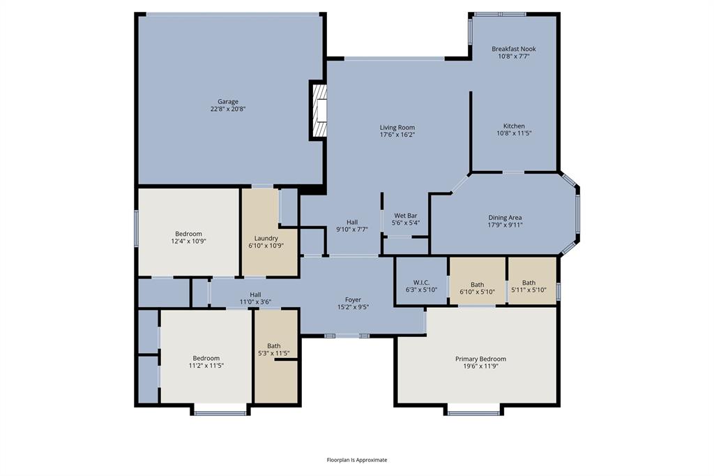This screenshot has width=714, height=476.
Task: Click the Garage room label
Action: coord(228,102)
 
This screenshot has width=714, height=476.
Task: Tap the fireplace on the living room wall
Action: coord(319,111)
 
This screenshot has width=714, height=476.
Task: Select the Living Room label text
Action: coord(397,128)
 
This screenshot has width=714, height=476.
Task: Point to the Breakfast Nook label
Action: coord(514,49)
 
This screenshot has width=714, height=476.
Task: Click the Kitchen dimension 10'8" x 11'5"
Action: coord(514,133)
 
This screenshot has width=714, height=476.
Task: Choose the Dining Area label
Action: coord(505,218)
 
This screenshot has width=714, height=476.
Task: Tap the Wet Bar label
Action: coord(406,216)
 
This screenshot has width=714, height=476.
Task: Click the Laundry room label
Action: coord(266,238)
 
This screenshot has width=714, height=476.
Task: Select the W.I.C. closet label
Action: coord(421,283)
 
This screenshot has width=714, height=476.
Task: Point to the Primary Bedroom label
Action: coord(480,359)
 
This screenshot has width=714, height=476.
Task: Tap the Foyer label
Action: coord(353,299)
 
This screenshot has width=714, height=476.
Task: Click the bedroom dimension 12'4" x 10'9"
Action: coord(188,241)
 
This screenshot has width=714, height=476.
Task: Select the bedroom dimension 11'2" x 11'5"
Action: coord(206,365)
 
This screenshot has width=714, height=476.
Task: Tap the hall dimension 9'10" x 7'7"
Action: coord(352,229)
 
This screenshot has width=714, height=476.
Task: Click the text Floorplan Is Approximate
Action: coord(357,460)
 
